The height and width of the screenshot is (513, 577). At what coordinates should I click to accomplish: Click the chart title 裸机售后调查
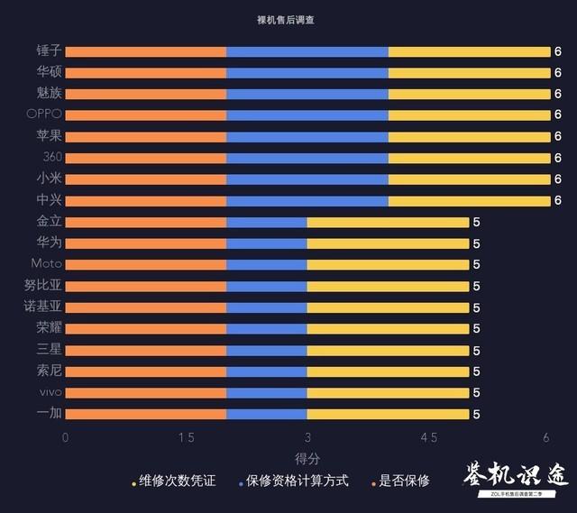click(x=289, y=19)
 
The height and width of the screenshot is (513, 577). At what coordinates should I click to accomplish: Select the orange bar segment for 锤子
click(x=145, y=51)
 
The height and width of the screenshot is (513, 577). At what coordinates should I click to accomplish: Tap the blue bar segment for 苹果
click(x=307, y=137)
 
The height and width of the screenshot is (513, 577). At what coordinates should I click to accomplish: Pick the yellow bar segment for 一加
click(x=388, y=414)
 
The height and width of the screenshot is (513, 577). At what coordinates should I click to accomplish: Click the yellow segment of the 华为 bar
click(x=388, y=243)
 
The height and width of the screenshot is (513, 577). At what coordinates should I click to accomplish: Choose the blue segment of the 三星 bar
click(x=267, y=350)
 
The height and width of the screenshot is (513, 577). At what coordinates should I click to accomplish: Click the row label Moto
click(x=46, y=264)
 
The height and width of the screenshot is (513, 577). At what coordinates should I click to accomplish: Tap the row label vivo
click(x=50, y=392)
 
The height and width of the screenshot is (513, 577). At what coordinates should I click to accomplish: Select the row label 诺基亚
click(x=42, y=307)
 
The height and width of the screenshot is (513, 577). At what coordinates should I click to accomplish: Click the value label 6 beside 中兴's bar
click(x=558, y=201)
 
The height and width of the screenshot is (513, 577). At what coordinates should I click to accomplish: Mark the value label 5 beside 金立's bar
click(x=477, y=222)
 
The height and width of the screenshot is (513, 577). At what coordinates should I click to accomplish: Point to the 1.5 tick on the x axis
click(x=186, y=437)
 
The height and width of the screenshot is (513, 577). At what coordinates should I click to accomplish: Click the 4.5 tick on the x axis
click(x=428, y=437)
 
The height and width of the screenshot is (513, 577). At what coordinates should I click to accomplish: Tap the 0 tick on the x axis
click(x=65, y=437)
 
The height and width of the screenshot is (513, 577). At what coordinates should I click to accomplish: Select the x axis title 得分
click(x=307, y=458)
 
